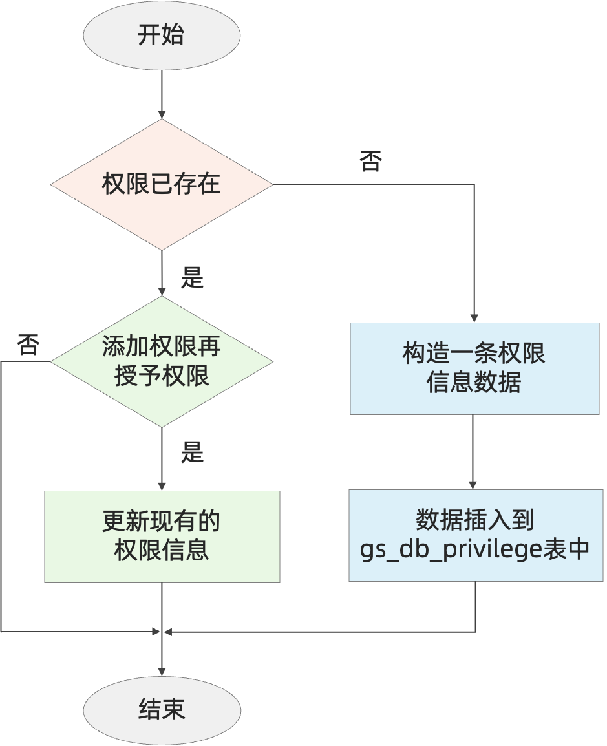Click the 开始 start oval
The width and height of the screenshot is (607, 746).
[162, 34]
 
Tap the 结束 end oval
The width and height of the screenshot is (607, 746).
[162, 710]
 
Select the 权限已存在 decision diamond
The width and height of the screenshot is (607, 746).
[162, 184]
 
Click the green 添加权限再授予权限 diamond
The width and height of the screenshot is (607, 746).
[162, 361]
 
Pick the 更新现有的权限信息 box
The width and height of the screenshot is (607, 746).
[162, 537]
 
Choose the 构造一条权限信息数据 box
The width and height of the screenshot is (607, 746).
[474, 368]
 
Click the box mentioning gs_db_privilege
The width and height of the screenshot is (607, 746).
[474, 535]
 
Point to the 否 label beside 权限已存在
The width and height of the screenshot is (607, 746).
[371, 162]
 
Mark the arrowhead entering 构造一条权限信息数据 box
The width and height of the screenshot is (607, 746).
[474, 317]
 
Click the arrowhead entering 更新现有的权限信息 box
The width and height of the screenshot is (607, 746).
[162, 485]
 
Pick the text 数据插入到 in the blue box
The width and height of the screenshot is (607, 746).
[474, 520]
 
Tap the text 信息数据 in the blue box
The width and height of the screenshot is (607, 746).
[474, 383]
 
